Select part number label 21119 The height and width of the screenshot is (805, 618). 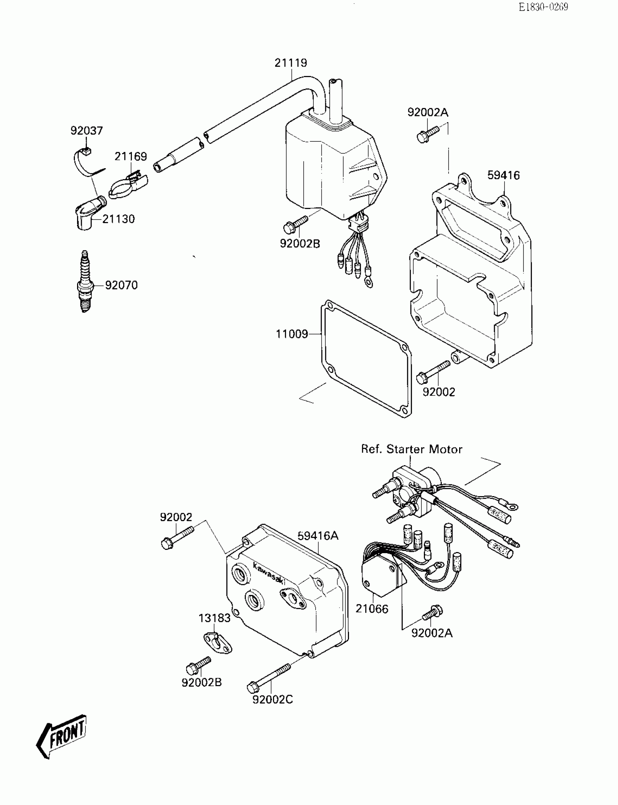pos(290,63)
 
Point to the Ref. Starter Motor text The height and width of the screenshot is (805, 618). pos(411,449)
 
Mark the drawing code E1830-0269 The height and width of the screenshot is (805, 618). pos(543,7)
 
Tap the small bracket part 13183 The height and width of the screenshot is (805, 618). pos(218,643)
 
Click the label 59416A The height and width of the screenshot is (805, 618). pos(318,536)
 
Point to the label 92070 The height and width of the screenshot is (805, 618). pos(121,285)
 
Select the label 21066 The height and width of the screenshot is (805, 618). pos(372,609)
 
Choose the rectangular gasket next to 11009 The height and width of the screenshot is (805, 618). pos(366,359)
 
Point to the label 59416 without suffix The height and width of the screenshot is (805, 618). pos(503,176)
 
